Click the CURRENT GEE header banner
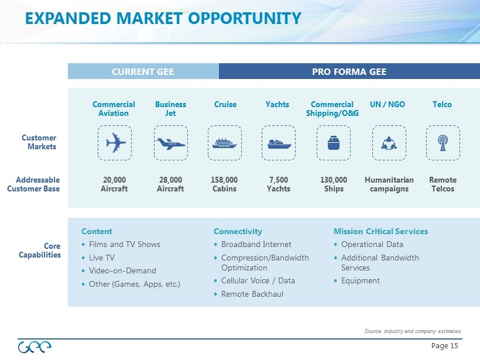pyautogui.click(x=143, y=71)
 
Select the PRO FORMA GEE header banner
pyautogui.click(x=349, y=71)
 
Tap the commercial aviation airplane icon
pyautogui.click(x=115, y=143)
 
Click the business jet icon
pyautogui.click(x=170, y=143)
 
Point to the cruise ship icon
pyautogui.click(x=224, y=143)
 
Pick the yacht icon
pyautogui.click(x=279, y=144)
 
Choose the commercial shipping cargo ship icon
pyautogui.click(x=334, y=143)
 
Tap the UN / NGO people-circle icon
pyautogui.click(x=389, y=143)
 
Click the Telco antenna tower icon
pyautogui.click(x=443, y=143)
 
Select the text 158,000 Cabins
pyautogui.click(x=224, y=184)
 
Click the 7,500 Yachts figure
pyautogui.click(x=279, y=184)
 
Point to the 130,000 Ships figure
pyautogui.click(x=334, y=184)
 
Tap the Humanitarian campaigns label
pyautogui.click(x=389, y=184)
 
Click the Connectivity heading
pyautogui.click(x=238, y=231)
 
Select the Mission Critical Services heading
pyautogui.click(x=381, y=231)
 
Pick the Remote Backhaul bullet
pyautogui.click(x=252, y=294)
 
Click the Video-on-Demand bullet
pyautogui.click(x=122, y=271)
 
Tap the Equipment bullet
pyautogui.click(x=361, y=281)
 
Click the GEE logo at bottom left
pyautogui.click(x=35, y=347)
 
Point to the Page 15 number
pyautogui.click(x=444, y=346)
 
